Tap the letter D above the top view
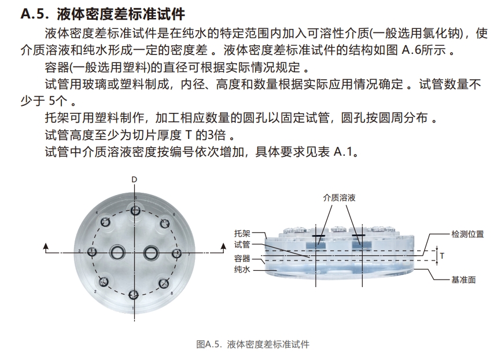(x=134, y=181)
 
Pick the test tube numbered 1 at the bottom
(x=134, y=295)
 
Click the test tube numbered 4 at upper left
(x=105, y=222)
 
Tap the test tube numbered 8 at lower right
(x=164, y=284)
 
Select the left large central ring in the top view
(x=119, y=252)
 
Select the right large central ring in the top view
(x=151, y=252)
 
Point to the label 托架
(x=242, y=233)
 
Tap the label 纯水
(x=242, y=269)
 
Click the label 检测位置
(x=467, y=234)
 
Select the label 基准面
(x=463, y=279)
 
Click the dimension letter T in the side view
(x=441, y=255)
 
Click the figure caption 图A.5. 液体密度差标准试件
(x=253, y=344)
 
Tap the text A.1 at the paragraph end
(x=346, y=153)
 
